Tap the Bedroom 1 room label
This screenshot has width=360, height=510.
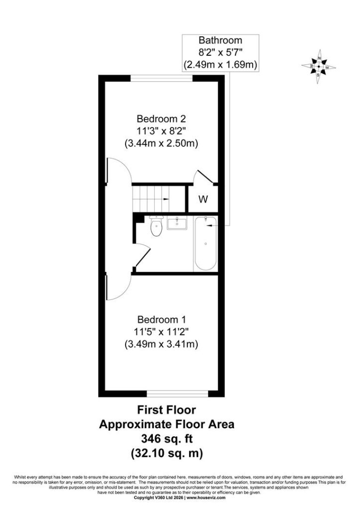pyautogui.click(x=161, y=319)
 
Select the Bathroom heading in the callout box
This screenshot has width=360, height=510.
pyautogui.click(x=220, y=40)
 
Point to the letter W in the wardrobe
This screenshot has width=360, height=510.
pyautogui.click(x=203, y=199)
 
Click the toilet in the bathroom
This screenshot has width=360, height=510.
pyautogui.click(x=156, y=226)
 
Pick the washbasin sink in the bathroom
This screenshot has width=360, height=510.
pyautogui.click(x=177, y=224)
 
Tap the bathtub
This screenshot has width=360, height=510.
pyautogui.click(x=206, y=243)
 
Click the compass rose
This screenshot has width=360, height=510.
pyautogui.click(x=318, y=66)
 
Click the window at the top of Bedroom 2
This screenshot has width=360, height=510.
pyautogui.click(x=161, y=78)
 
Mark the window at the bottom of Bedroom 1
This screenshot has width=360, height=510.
pyautogui.click(x=177, y=394)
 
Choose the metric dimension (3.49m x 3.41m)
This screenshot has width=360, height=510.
pyautogui.click(x=161, y=344)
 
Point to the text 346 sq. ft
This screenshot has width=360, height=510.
pyautogui.click(x=166, y=439)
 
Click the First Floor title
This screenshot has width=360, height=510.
pyautogui.click(x=166, y=410)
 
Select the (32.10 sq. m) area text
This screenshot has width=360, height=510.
pyautogui.click(x=166, y=453)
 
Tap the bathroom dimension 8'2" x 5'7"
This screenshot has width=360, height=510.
pyautogui.click(x=220, y=52)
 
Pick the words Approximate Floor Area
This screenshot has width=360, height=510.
pyautogui.click(x=166, y=424)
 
